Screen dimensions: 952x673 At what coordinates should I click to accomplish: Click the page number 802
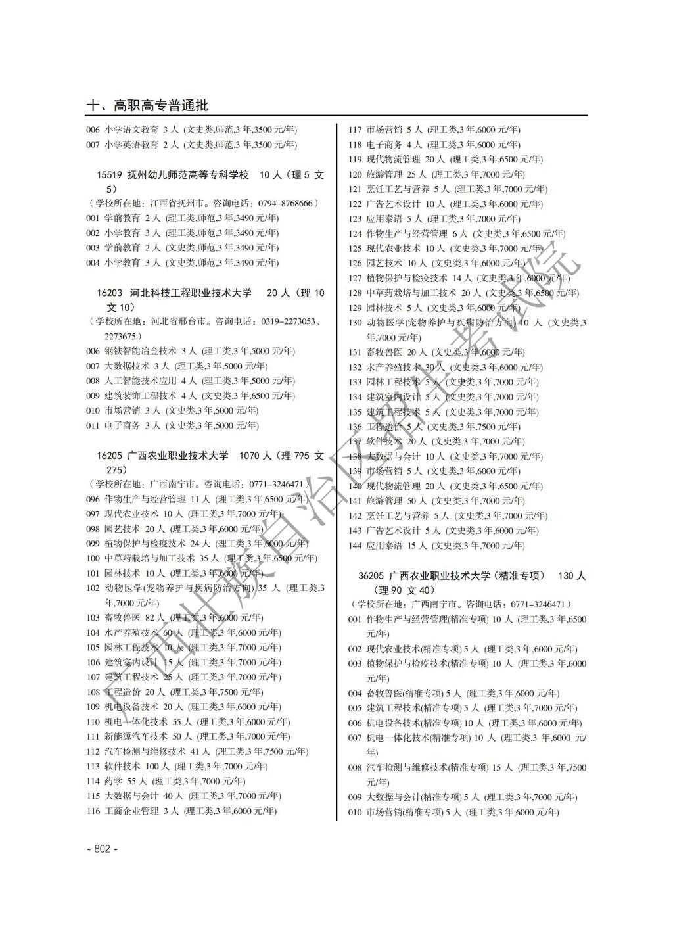coord(102,849)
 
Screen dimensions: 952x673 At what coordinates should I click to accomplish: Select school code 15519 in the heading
coord(109,175)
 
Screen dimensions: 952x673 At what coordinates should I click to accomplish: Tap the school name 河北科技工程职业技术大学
coord(191,293)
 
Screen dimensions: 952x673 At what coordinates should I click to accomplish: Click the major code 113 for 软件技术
coord(93,766)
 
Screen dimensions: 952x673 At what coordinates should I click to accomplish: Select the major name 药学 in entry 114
coord(113,781)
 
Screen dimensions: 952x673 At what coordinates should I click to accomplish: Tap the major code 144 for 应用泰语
coord(355,546)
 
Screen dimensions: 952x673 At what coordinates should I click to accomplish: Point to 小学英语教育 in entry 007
coord(131,145)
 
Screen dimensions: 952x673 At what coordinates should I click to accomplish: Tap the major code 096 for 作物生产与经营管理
coord(93,499)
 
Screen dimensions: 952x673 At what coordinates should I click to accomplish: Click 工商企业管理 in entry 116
coord(131,811)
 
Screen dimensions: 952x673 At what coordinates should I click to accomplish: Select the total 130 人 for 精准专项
coord(571,576)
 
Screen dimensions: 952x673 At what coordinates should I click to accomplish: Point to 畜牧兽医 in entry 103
coord(122,617)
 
